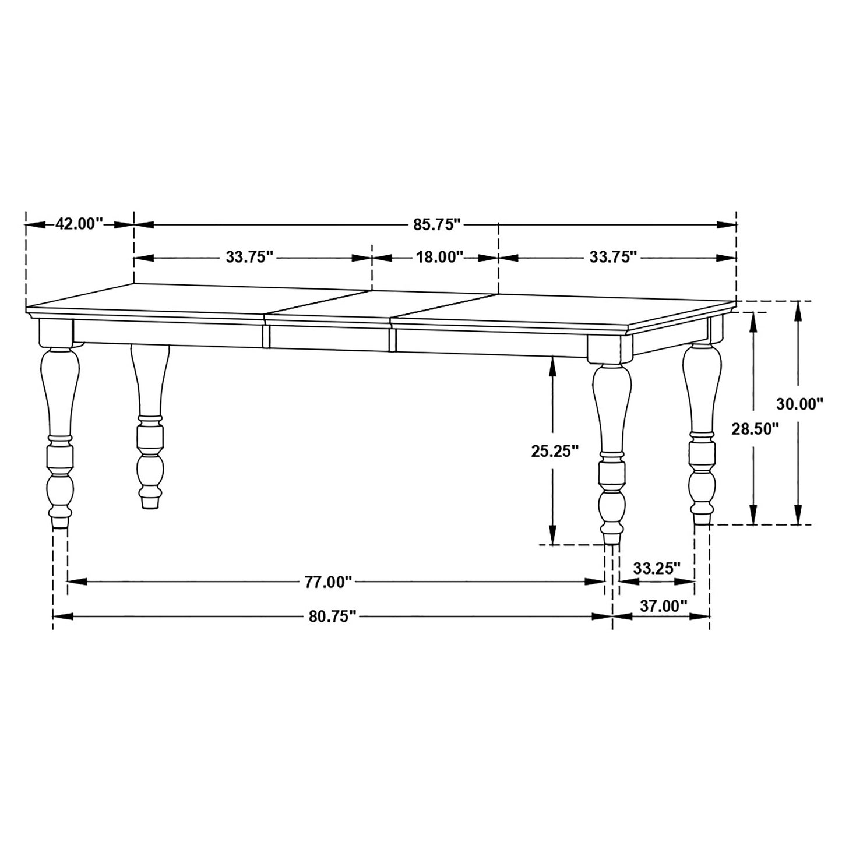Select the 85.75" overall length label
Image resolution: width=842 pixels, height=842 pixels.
[437, 224]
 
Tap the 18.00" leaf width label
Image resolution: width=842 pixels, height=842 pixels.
[439, 257]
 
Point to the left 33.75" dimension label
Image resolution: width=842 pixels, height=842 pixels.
[249, 257]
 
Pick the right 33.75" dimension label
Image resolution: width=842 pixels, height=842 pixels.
[612, 257]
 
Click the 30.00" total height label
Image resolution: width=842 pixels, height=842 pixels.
[799, 403]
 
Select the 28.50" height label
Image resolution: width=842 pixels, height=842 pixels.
[755, 429]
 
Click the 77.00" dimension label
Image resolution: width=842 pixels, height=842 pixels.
[329, 582]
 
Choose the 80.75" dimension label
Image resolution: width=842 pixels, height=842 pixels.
[332, 617]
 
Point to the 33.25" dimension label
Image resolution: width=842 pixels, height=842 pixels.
[657, 568]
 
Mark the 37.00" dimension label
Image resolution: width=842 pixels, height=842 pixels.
[664, 606]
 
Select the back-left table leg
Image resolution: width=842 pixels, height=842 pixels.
[150, 425]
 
